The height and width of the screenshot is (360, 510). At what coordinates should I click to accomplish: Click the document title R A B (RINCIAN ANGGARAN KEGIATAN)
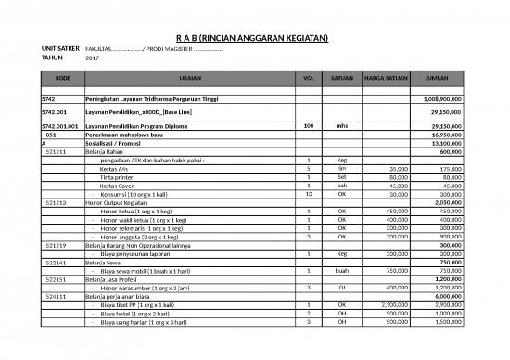(254, 37)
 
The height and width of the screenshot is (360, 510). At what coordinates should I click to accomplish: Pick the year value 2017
(92, 58)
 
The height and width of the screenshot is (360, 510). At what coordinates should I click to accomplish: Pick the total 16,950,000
(444, 135)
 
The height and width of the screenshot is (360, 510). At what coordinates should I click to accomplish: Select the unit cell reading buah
(342, 269)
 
